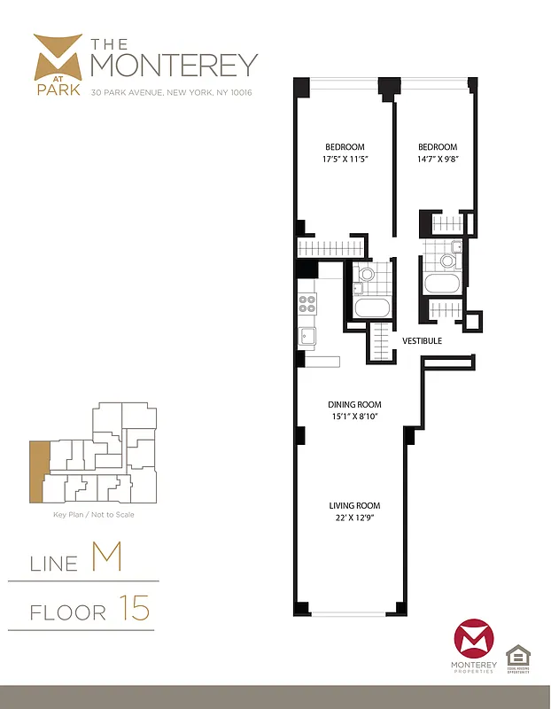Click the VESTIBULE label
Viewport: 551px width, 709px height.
click(422, 340)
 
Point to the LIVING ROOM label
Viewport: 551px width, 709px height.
click(353, 506)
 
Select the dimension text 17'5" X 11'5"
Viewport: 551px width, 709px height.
click(345, 160)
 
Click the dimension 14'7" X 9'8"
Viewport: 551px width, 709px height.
click(438, 160)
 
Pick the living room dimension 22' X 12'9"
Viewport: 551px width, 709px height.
click(353, 518)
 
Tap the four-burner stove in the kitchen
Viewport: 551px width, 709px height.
click(307, 304)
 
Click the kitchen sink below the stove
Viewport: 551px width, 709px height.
click(307, 337)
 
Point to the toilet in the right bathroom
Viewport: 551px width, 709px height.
click(447, 259)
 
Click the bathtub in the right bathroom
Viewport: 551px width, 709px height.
click(441, 284)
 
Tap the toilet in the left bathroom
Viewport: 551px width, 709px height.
click(365, 275)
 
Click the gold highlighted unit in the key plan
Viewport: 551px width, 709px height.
click(39, 471)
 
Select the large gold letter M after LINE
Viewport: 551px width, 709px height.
click(105, 558)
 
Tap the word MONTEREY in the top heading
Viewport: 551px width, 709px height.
click(175, 65)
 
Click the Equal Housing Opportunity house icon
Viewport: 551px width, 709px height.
click(518, 657)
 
